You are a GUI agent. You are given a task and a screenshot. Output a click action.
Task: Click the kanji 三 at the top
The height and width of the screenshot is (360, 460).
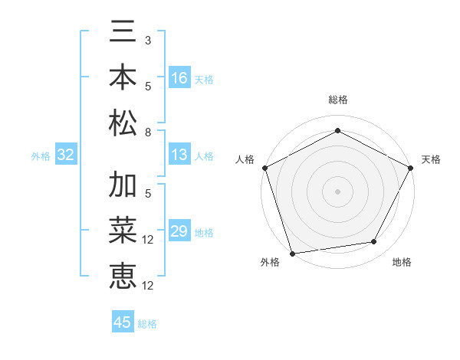point(123,33)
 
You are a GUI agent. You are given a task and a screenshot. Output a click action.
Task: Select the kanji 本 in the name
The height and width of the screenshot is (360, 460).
point(123,78)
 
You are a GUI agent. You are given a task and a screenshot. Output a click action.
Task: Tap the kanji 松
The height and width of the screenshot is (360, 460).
point(123,123)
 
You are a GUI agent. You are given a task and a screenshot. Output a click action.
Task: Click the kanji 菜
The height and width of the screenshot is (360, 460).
point(123,231)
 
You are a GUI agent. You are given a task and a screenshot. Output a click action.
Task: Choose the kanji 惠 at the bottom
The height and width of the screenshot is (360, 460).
point(123,276)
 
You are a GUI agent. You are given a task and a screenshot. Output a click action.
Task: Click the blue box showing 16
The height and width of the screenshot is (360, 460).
point(179,78)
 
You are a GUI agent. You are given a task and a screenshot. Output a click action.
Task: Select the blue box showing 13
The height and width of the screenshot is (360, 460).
point(179,155)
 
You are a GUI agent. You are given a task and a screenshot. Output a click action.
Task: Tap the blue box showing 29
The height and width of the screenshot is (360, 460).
point(179,232)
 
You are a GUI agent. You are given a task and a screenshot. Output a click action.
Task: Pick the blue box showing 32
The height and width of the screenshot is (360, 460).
point(65,155)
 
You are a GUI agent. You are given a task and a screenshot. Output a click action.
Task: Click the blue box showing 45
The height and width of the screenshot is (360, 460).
point(123,322)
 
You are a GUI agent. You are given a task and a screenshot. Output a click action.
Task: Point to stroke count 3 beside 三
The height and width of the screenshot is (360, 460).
point(148,40)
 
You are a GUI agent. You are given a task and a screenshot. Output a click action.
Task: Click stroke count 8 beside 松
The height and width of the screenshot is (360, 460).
point(148,133)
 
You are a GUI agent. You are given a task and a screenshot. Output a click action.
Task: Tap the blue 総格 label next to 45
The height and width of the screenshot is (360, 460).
point(147,323)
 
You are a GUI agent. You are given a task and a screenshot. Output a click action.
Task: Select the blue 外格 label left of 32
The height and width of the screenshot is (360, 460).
point(41,156)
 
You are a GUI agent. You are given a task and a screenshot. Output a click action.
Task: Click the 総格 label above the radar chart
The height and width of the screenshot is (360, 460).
point(337,100)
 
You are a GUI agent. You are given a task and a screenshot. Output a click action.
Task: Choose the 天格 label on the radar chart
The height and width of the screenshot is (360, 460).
point(431,159)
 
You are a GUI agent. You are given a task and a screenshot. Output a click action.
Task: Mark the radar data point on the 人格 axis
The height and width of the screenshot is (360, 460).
point(265,167)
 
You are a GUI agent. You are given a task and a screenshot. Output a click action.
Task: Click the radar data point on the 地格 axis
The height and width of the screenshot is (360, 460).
point(374,242)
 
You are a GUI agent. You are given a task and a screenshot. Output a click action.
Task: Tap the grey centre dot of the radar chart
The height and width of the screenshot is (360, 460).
point(337,191)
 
